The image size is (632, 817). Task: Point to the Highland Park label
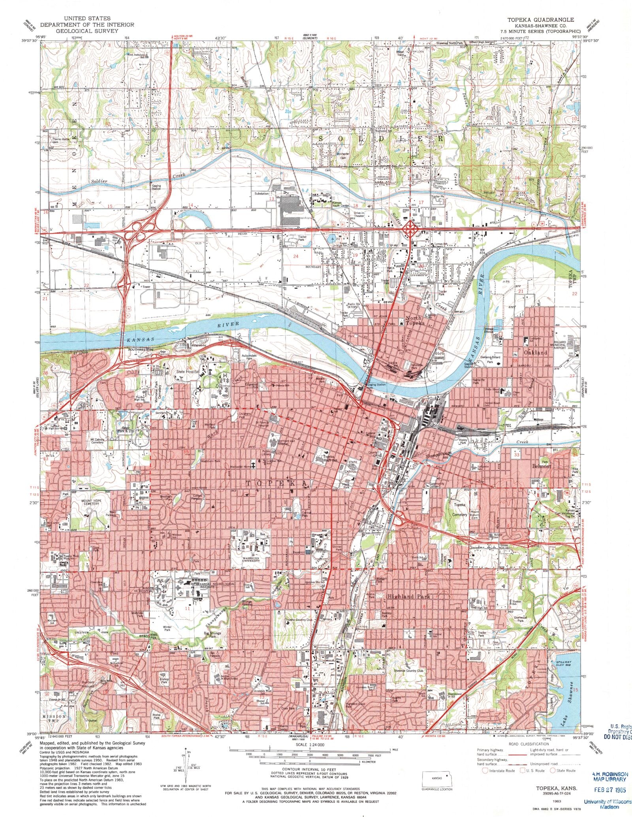pos(408,597)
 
